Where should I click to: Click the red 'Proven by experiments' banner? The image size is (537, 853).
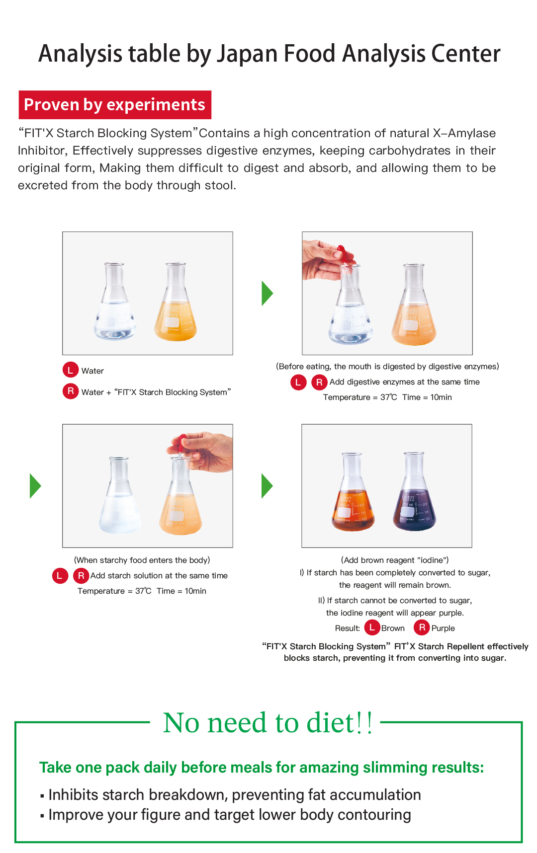(x=115, y=105)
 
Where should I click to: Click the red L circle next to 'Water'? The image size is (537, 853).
(x=70, y=370)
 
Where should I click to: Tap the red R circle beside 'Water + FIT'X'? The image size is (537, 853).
(x=70, y=391)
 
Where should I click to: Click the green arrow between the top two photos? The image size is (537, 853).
(x=268, y=293)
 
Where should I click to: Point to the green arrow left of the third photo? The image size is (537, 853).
(x=35, y=486)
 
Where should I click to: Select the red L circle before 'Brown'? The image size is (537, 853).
(x=372, y=627)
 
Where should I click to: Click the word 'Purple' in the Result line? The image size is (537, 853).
(x=443, y=628)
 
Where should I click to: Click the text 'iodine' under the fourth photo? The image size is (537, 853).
(x=432, y=560)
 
